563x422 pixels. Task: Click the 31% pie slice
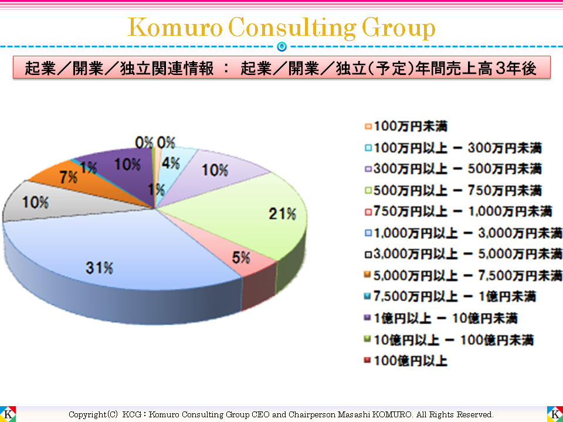point(117,258)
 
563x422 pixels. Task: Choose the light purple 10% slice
point(217,170)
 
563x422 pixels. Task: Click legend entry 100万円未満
point(411,125)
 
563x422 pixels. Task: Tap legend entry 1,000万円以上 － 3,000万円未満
point(463,233)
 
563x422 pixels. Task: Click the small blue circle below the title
point(281,46)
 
